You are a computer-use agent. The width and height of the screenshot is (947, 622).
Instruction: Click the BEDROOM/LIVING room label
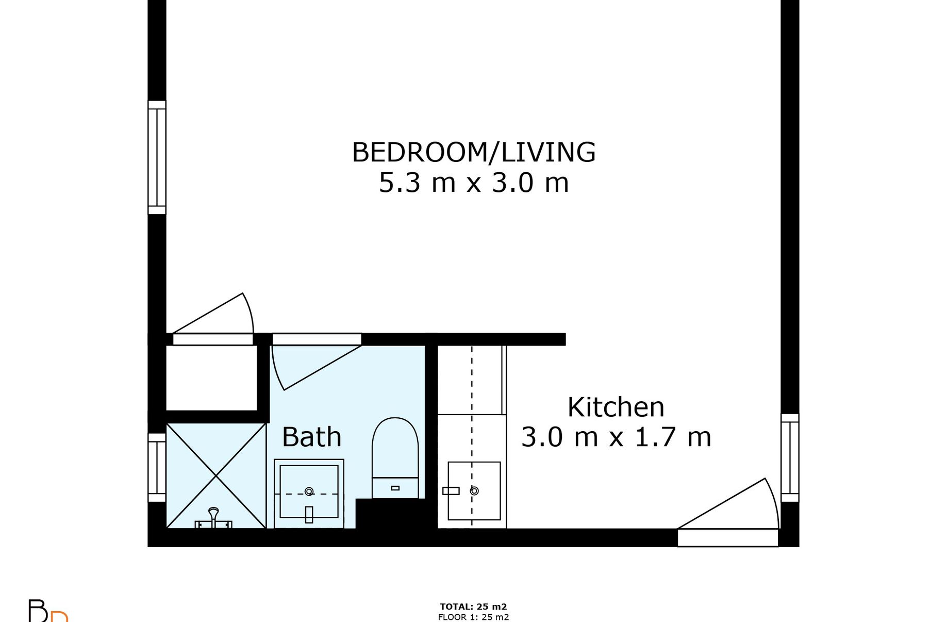(474, 152)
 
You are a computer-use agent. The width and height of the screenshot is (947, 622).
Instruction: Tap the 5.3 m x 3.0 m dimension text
(474, 183)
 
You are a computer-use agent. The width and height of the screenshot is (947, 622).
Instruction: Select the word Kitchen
(616, 407)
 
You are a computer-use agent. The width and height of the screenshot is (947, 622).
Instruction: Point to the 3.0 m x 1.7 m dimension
(616, 437)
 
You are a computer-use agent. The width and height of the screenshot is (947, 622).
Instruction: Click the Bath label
(311, 437)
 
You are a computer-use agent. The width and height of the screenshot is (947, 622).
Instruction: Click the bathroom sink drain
(309, 492)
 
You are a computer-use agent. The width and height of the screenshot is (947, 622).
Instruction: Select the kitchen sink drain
(474, 491)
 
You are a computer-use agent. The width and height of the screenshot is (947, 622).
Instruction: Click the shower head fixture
(213, 518)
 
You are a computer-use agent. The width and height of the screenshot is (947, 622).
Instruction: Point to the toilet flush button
(395, 488)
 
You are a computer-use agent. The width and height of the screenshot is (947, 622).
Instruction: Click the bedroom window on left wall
(157, 157)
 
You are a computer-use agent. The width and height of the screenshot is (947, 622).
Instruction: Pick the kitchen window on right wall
(790, 458)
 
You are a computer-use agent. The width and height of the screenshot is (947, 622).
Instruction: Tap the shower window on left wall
(157, 467)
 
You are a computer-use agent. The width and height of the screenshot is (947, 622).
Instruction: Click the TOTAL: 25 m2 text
(473, 607)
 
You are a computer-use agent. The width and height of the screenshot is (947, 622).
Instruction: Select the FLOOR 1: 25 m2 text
(473, 617)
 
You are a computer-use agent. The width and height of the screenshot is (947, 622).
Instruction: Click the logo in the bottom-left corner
(47, 611)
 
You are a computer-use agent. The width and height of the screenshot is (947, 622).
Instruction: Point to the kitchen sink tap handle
(451, 491)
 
